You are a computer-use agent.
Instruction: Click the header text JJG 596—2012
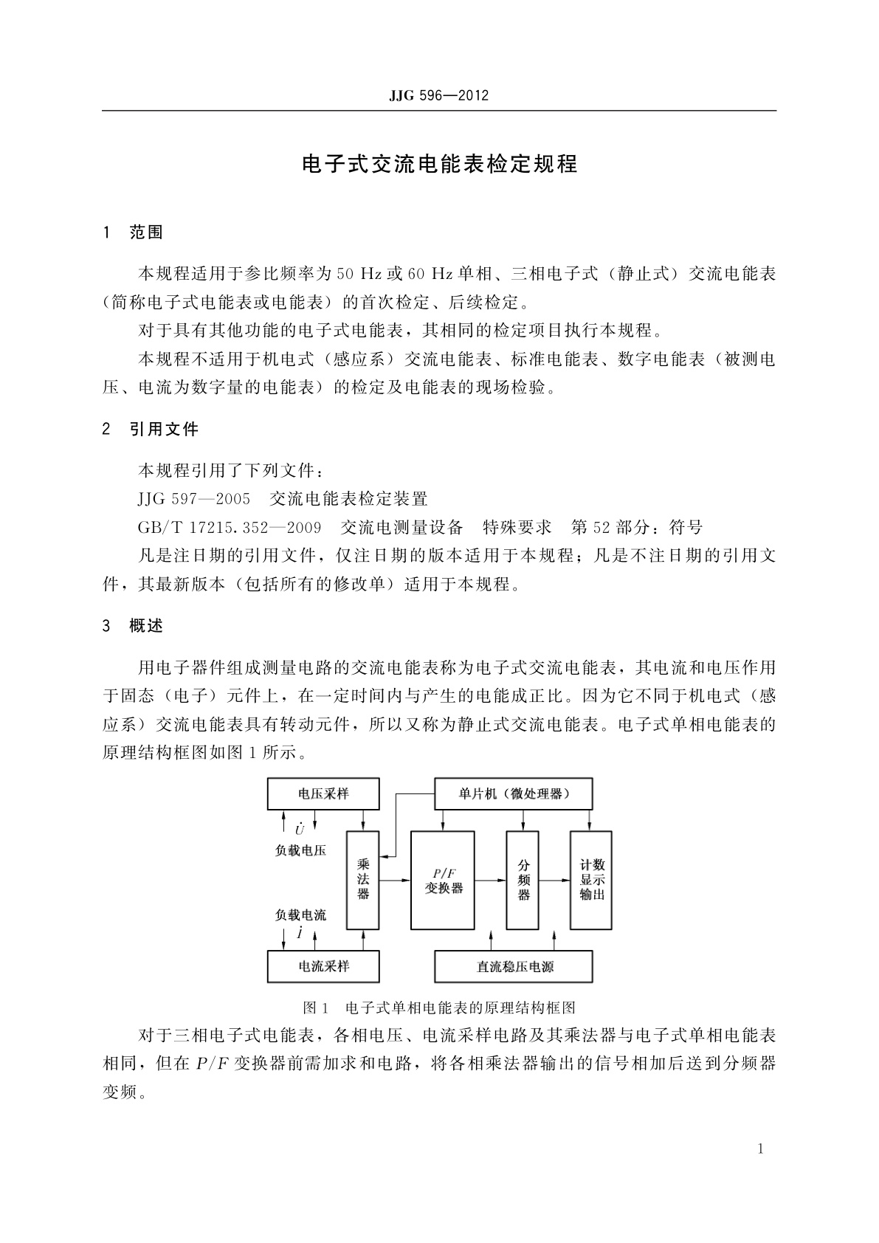pos(438,96)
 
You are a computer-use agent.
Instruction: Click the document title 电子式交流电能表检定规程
pos(440,164)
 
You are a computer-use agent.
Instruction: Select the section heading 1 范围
pos(134,233)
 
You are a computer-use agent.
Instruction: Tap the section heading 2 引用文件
pos(151,429)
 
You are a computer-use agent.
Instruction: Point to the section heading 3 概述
pos(134,626)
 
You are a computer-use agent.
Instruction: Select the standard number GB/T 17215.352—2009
pos(229,527)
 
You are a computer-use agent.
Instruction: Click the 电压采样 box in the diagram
pos(323,793)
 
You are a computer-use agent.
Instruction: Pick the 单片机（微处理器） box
pos(514,793)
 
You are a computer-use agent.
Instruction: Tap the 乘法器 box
pos(363,879)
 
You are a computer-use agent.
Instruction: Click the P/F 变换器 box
pos(443,879)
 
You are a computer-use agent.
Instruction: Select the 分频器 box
pos(523,879)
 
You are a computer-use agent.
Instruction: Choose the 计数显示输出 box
pos(591,879)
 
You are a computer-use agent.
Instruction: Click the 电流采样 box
pos(323,966)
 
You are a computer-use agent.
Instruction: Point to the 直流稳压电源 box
pos(514,966)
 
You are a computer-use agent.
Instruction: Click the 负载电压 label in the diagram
pos(300,850)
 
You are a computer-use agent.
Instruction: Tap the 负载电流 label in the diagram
pos(300,915)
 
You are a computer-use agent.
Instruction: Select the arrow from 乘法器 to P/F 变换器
pos(395,880)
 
